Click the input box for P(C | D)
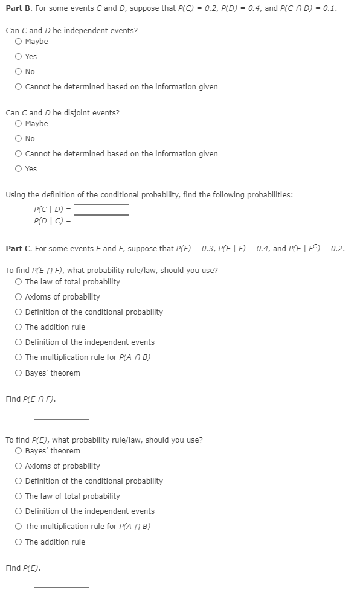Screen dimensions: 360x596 101,210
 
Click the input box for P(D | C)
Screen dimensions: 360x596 101,221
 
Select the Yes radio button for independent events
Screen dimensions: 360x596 19,57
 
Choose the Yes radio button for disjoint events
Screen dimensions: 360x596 19,169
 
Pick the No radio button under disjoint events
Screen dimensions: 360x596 19,139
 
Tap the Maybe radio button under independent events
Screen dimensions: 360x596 19,42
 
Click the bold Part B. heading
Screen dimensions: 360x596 18,9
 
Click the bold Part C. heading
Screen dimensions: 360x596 18,249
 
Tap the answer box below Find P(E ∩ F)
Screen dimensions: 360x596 62,414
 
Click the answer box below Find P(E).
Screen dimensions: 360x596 62,583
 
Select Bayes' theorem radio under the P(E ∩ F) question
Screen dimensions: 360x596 19,373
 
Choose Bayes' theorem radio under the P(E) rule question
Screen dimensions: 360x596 19,451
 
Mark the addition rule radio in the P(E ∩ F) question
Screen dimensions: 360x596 19,327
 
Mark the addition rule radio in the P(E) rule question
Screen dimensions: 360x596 19,542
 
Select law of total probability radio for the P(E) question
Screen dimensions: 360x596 19,496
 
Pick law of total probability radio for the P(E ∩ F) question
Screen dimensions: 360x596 19,282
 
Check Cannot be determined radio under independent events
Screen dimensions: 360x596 19,87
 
